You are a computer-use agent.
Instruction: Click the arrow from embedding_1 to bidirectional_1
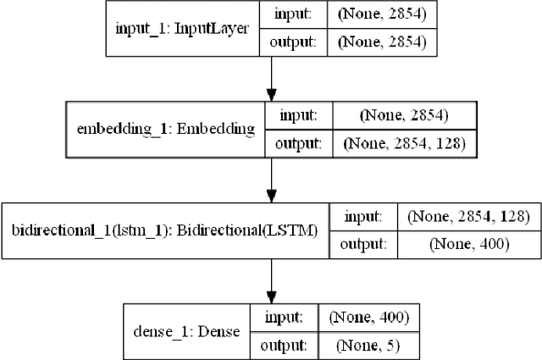[x=271, y=179]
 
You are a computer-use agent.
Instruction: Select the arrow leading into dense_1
[x=271, y=279]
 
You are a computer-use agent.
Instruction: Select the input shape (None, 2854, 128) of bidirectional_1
[x=467, y=218]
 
